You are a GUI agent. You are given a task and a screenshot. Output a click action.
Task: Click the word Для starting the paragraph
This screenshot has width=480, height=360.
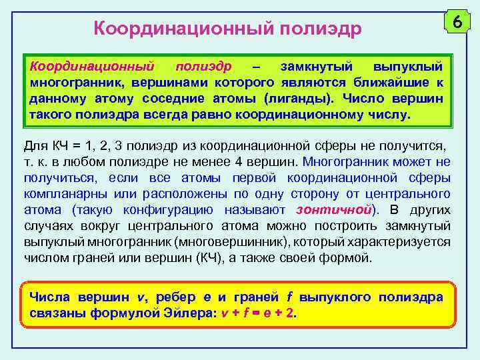click(x=35, y=145)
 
